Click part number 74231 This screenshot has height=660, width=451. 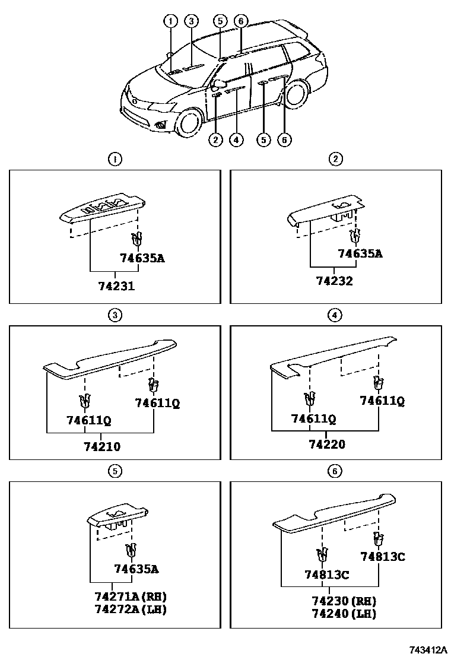click(116, 285)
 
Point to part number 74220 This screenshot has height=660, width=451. click(327, 443)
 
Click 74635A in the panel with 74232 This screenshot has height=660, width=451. click(360, 253)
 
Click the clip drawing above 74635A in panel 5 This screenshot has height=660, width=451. click(131, 551)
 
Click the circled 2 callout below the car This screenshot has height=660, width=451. click(215, 140)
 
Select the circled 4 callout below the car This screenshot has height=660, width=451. click(236, 140)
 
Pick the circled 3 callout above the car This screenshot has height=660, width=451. click(191, 21)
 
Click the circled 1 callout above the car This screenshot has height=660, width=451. click(171, 21)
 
